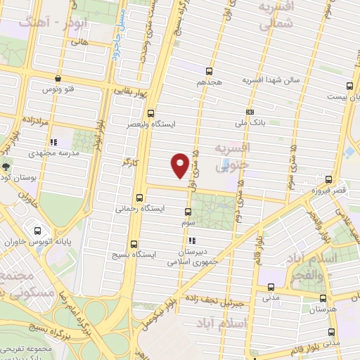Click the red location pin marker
click(x=180, y=165)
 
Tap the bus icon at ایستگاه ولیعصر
click(x=150, y=113)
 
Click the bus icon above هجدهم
click(x=209, y=71)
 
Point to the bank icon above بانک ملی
click(x=250, y=112)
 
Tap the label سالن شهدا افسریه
click(x=271, y=81)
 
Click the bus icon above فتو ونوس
click(x=57, y=79)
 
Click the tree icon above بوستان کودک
click(x=6, y=167)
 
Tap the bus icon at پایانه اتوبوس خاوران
click(x=37, y=230)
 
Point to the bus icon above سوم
click(x=187, y=212)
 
